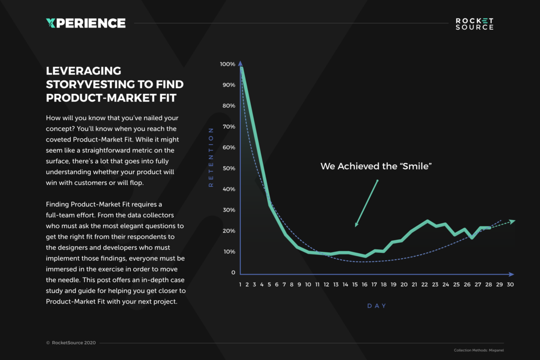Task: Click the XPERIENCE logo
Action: [x=85, y=23]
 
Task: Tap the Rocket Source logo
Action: [x=474, y=24]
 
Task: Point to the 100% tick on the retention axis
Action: [x=227, y=64]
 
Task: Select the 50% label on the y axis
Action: [x=229, y=168]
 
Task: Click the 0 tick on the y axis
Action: [x=233, y=272]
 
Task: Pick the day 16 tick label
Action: [x=364, y=284]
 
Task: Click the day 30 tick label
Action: [x=510, y=284]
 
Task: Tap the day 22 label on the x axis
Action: [x=424, y=284]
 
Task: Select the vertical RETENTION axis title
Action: [x=211, y=157]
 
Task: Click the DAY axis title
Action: [x=377, y=306]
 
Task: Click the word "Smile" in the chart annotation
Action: [x=416, y=166]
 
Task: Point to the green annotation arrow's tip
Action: [x=355, y=226]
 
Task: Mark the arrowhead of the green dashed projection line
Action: [x=512, y=221]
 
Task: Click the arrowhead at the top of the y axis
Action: [x=240, y=63]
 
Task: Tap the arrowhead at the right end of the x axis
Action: [x=511, y=274]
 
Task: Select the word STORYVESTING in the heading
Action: [x=90, y=85]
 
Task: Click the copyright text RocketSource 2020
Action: [x=74, y=342]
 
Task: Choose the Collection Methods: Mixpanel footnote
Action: [x=479, y=350]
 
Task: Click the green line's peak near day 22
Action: [x=427, y=220]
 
